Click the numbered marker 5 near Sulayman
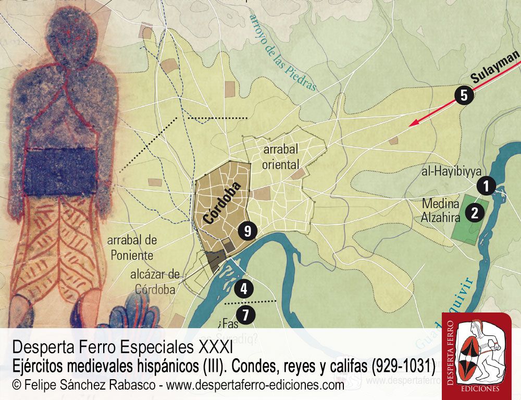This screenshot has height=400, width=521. tap(464, 95)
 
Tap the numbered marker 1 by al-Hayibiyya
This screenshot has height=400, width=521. tap(486, 185)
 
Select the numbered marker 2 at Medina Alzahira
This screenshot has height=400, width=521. tap(475, 212)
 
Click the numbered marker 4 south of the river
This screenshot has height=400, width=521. tap(243, 288)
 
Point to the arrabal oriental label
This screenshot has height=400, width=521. tap(281, 157)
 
